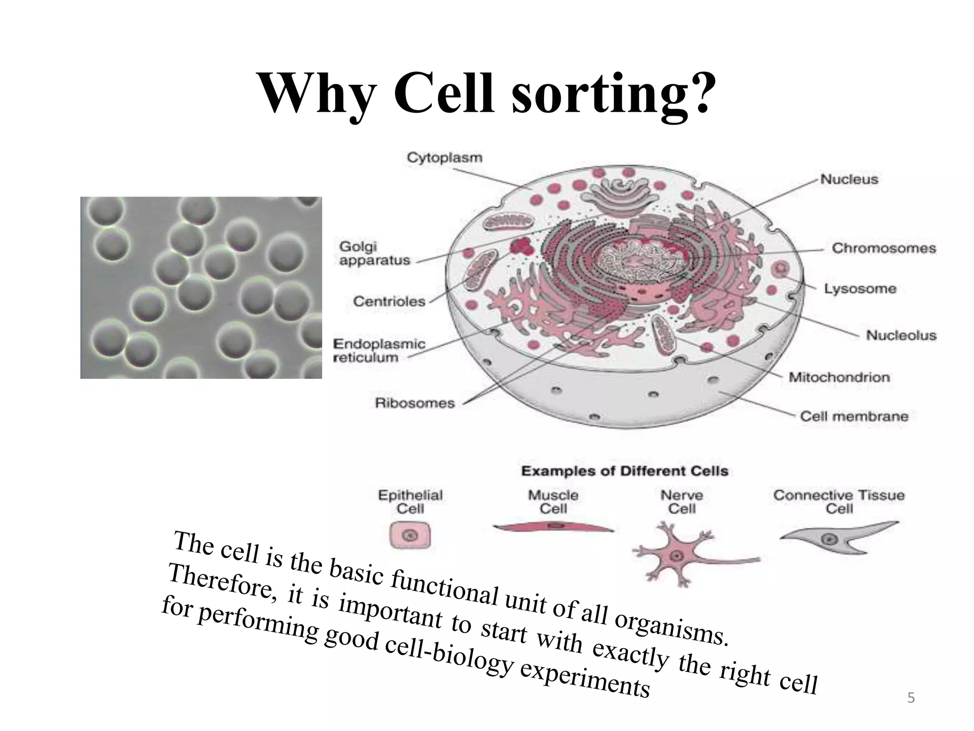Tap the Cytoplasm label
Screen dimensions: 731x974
point(444,158)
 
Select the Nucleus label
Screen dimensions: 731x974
point(849,179)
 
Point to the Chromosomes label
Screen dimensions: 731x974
point(883,248)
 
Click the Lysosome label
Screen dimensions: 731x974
point(860,288)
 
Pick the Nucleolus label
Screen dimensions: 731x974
point(901,335)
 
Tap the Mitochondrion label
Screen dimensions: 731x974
point(839,377)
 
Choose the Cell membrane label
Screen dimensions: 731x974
point(854,416)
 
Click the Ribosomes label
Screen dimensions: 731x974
point(415,403)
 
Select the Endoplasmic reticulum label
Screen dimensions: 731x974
point(379,350)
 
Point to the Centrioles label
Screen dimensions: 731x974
point(389,301)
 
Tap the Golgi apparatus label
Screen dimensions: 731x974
point(374,253)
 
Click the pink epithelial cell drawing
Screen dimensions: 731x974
point(410,535)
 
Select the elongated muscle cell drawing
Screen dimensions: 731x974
point(553,527)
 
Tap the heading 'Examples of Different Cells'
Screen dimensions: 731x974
point(624,471)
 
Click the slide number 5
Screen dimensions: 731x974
point(911,698)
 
